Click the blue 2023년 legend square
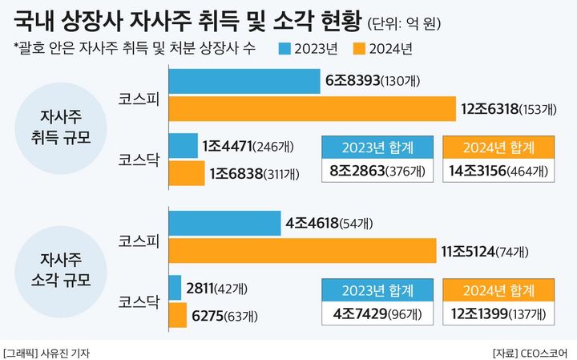pyautogui.click(x=285, y=49)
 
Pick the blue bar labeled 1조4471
pyautogui.click(x=184, y=146)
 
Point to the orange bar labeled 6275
pyautogui.click(x=178, y=314)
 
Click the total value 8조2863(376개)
pyautogui.click(x=377, y=171)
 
